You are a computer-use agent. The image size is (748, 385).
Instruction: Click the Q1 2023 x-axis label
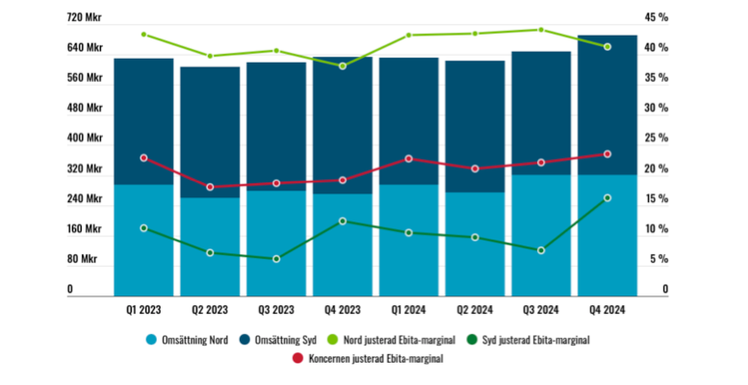coord(143,310)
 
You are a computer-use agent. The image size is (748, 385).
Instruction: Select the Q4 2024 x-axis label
coord(607,310)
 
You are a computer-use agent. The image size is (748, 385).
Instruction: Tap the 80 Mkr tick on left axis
coord(83,260)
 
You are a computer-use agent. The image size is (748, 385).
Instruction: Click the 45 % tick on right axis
coord(657,17)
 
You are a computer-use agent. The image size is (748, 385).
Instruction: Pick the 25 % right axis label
coord(657,139)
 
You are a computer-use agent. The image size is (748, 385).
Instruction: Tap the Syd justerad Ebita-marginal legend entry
coord(534,340)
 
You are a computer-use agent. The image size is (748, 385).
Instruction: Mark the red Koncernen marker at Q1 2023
coord(143,158)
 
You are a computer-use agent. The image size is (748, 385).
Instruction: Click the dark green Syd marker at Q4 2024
coord(607,198)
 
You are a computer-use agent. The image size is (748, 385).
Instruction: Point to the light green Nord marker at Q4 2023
coord(343,65)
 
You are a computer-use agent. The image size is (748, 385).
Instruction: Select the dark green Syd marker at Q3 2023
coord(276,259)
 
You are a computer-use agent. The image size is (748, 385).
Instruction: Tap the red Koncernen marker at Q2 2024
coord(475,168)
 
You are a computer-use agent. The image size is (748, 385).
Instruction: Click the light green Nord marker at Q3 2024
coord(541,30)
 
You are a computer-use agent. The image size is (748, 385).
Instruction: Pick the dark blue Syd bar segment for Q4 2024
coord(607,106)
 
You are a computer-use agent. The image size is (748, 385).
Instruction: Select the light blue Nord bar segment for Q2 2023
coord(210,246)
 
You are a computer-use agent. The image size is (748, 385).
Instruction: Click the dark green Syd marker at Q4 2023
coord(343,221)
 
